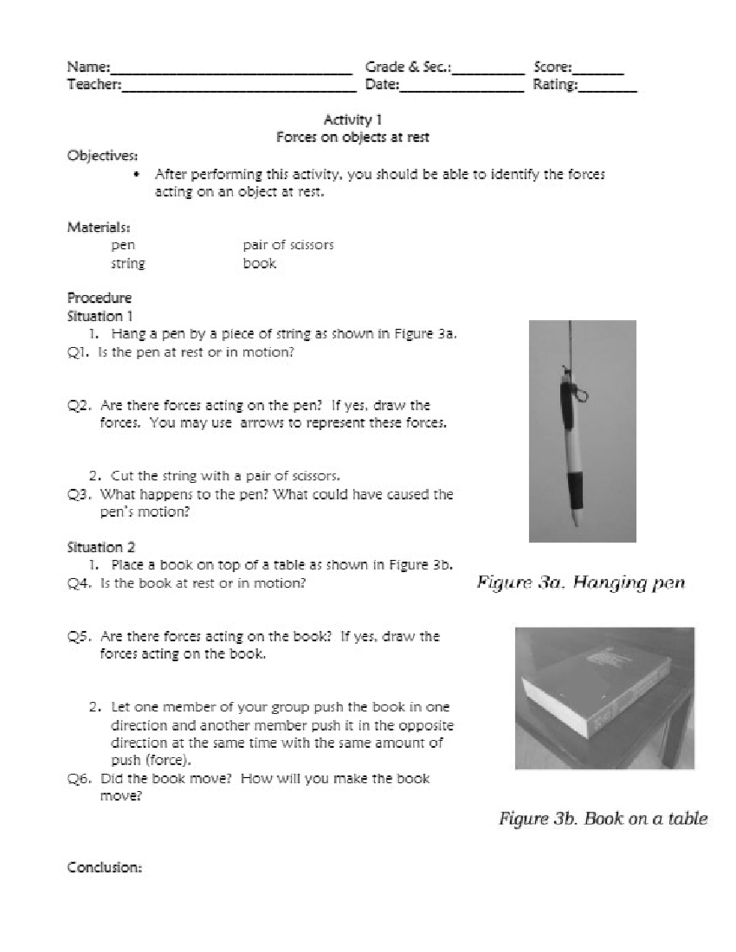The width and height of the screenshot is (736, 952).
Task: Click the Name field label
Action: pos(88,67)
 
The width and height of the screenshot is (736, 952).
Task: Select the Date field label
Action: pos(382,85)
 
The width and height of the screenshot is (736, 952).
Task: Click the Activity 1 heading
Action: pos(353,120)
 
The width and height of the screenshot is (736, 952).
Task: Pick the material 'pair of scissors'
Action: pos(288,245)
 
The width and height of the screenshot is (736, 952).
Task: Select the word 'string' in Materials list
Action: pos(128,264)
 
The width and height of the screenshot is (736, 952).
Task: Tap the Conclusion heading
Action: pos(105,867)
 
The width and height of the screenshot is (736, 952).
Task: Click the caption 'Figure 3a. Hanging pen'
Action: pos(581,582)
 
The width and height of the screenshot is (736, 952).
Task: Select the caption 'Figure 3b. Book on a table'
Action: pos(603,818)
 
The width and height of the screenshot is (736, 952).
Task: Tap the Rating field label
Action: pos(555,85)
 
